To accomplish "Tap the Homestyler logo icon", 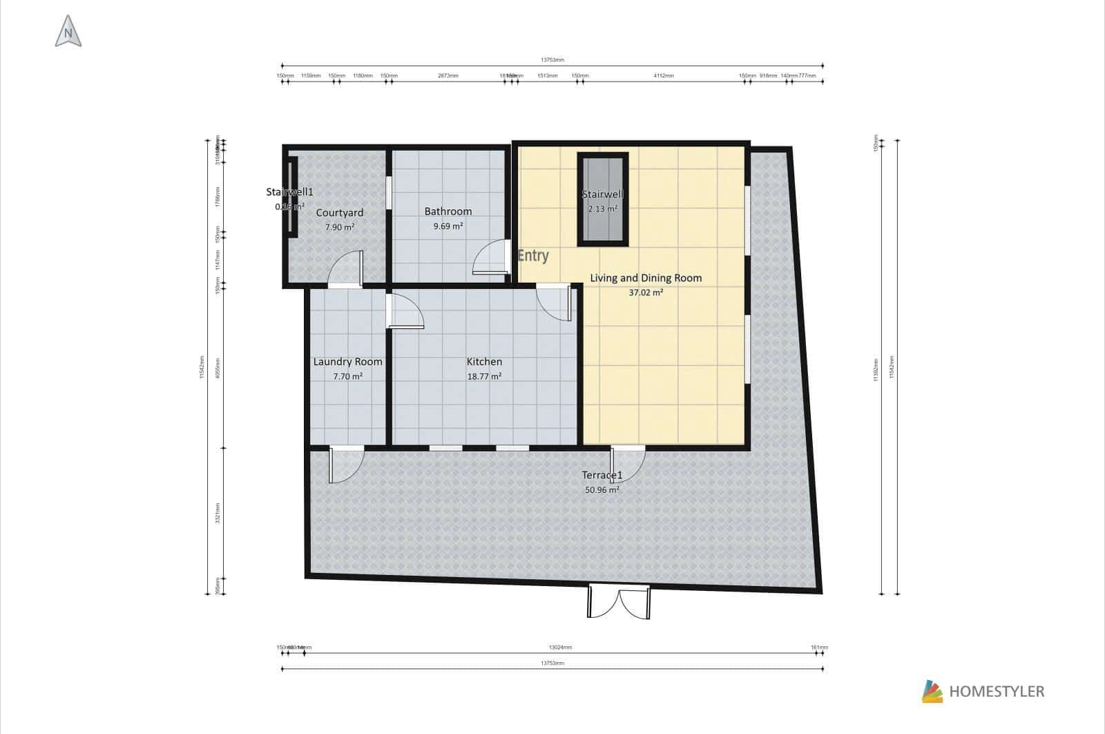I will click(x=932, y=691).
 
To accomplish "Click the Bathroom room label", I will click(x=448, y=211).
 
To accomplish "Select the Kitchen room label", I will click(x=484, y=361).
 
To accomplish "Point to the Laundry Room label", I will click(x=347, y=361).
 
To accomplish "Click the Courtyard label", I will click(x=339, y=213).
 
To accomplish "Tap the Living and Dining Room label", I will click(x=646, y=278).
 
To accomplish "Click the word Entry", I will click(x=533, y=256).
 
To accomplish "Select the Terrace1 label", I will click(x=602, y=476).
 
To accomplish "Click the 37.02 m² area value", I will click(x=646, y=292).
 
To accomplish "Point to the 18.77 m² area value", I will click(x=484, y=377).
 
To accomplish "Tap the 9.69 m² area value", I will click(x=448, y=226).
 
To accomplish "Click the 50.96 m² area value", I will click(x=602, y=489).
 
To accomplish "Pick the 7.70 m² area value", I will click(x=347, y=377).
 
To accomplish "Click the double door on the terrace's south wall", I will click(x=619, y=602).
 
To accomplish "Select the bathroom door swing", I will click(x=488, y=258).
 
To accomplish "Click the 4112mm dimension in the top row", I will click(x=663, y=75).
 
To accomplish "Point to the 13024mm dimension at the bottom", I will click(x=560, y=648).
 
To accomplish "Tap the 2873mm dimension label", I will click(x=448, y=75).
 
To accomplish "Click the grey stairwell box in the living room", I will click(x=602, y=200).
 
